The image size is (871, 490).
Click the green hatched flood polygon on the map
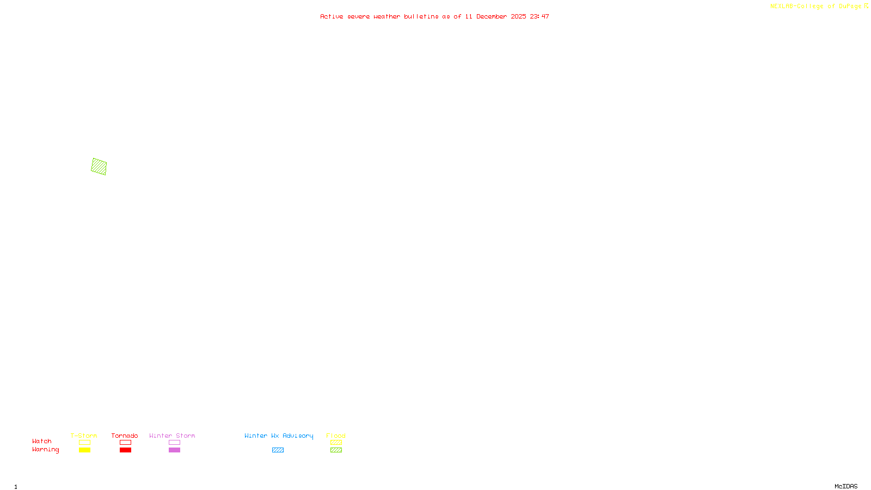(x=99, y=167)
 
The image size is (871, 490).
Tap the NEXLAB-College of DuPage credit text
(x=816, y=7)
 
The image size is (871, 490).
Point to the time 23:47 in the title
(x=539, y=17)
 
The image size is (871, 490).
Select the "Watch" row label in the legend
(x=42, y=442)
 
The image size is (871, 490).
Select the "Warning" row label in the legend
(x=45, y=450)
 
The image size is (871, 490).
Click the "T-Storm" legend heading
(x=84, y=436)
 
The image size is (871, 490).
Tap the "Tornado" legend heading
(x=125, y=436)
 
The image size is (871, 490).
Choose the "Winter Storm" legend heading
(x=172, y=436)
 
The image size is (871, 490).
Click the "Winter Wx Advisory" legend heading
(x=279, y=436)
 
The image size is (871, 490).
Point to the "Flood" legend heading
(x=336, y=436)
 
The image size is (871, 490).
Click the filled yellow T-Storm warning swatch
(x=84, y=450)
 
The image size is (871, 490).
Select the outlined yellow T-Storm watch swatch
(x=84, y=443)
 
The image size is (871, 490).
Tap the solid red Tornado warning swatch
(x=125, y=450)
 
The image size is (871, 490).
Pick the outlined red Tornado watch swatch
(x=125, y=443)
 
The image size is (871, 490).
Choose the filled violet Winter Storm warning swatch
(x=174, y=450)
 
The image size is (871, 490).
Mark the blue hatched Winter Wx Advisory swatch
(x=278, y=450)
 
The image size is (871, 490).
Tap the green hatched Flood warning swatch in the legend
(x=336, y=450)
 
